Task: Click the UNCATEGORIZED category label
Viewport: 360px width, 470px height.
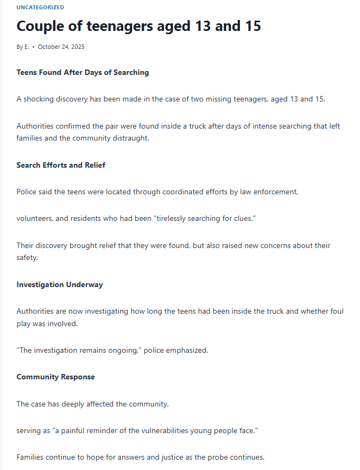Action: pyautogui.click(x=40, y=8)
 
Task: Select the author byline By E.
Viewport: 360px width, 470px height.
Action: pyautogui.click(x=23, y=47)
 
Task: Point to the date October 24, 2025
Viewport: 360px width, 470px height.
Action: pyautogui.click(x=61, y=47)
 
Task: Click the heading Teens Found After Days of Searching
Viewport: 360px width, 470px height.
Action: pyautogui.click(x=83, y=72)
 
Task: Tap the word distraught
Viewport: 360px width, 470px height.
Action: pyautogui.click(x=131, y=138)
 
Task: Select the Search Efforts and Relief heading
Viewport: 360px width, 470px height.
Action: pyautogui.click(x=61, y=165)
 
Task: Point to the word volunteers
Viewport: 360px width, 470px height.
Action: pyautogui.click(x=35, y=218)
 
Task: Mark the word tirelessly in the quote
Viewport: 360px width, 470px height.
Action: pyautogui.click(x=175, y=218)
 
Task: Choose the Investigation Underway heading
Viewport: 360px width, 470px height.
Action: pyautogui.click(x=60, y=284)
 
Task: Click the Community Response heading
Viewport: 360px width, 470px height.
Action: pyautogui.click(x=55, y=377)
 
